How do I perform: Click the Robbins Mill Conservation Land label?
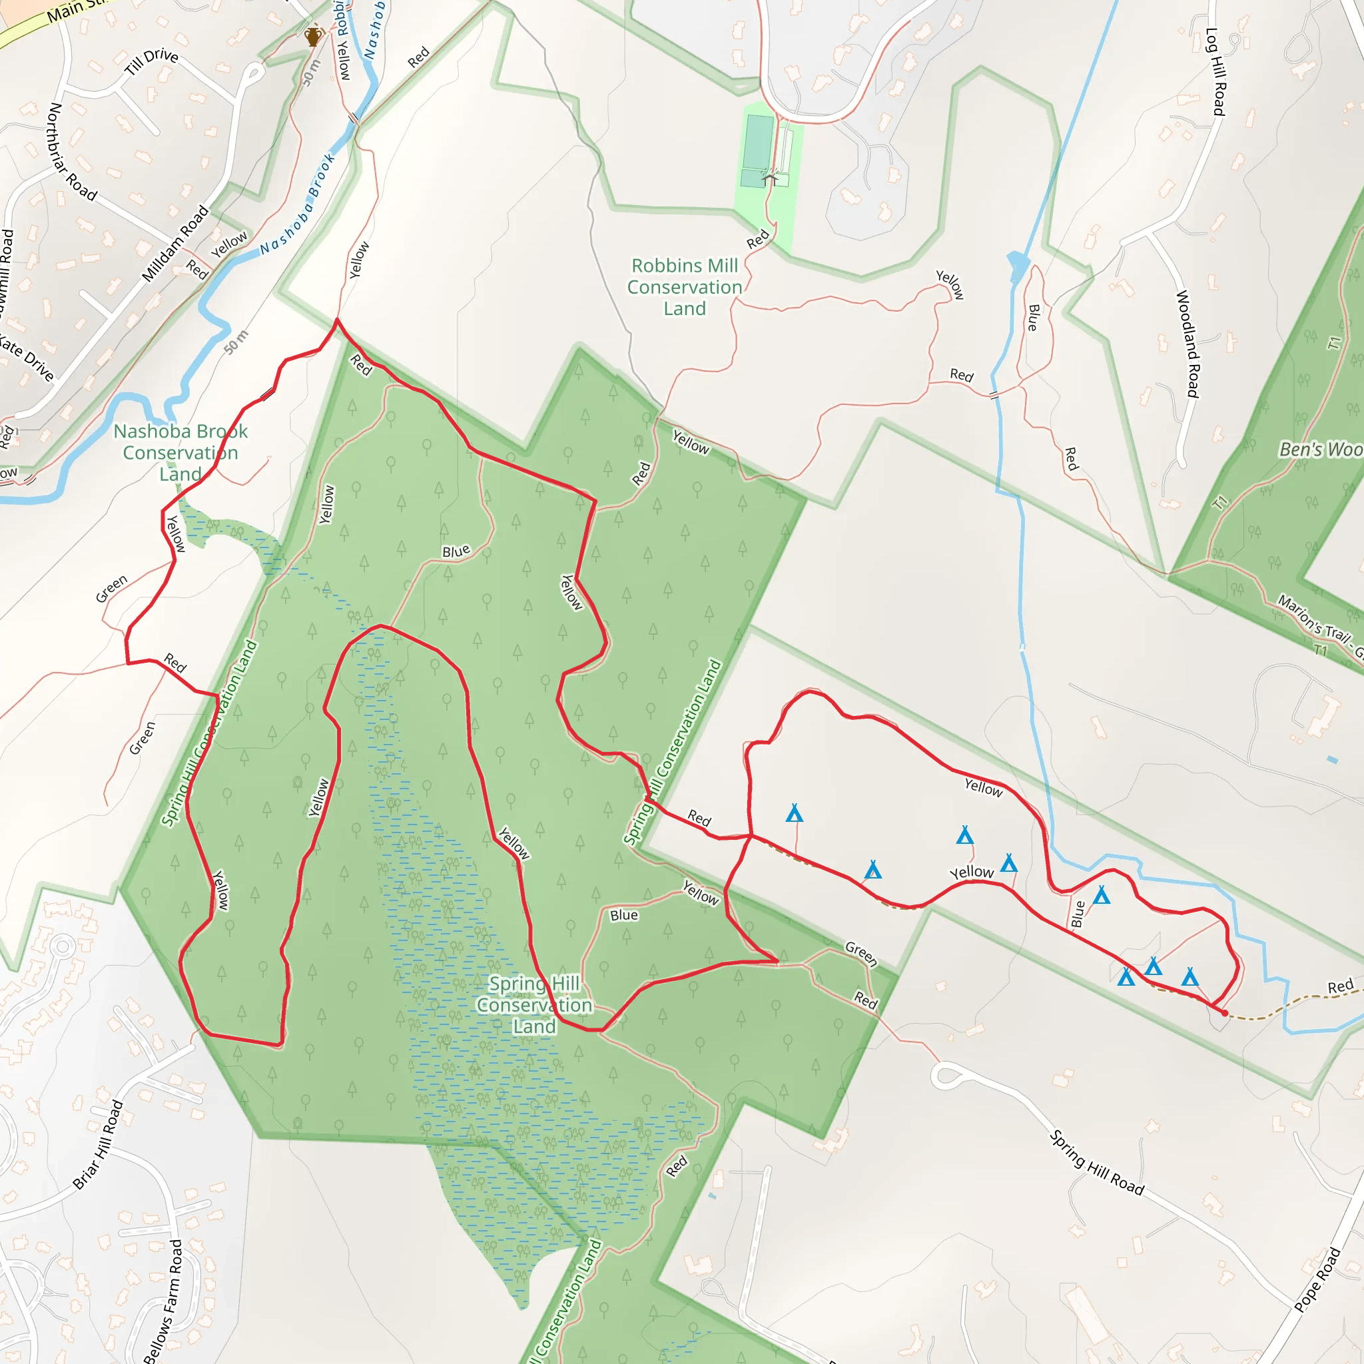point(684,286)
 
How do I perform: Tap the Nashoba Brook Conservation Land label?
point(180,452)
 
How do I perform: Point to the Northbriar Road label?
point(71,151)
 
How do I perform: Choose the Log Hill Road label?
point(1215,71)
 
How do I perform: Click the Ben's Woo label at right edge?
point(1320,449)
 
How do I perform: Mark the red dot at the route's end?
point(1224,1013)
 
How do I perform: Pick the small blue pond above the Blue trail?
point(1018,266)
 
